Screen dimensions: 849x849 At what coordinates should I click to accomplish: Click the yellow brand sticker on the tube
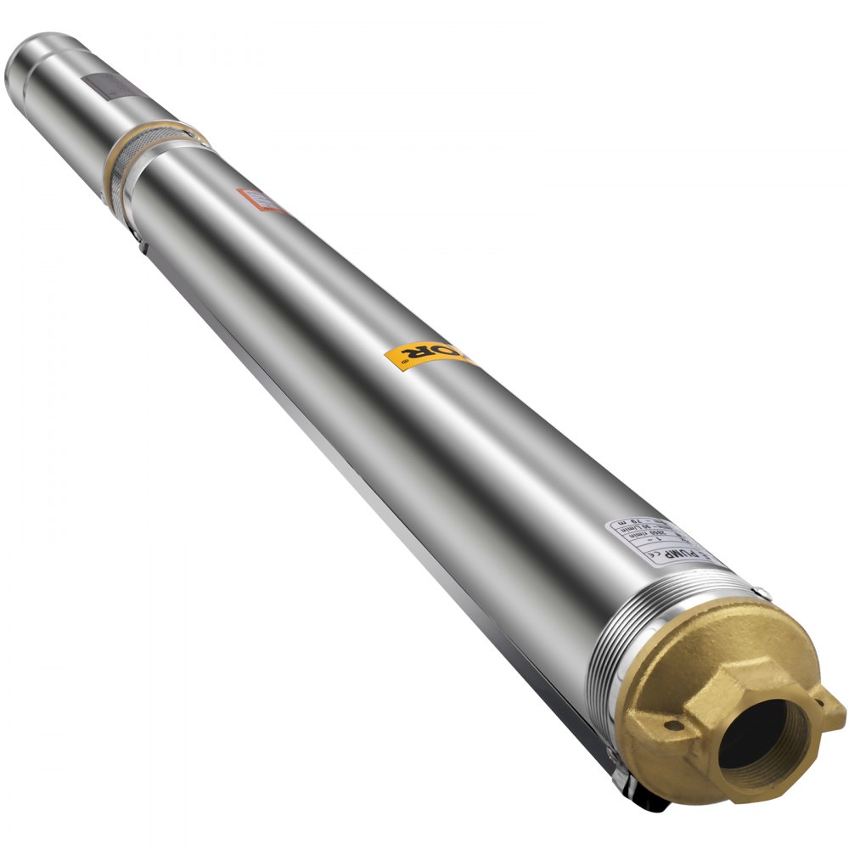point(429,355)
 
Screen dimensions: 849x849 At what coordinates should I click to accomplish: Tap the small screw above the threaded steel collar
point(762,593)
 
